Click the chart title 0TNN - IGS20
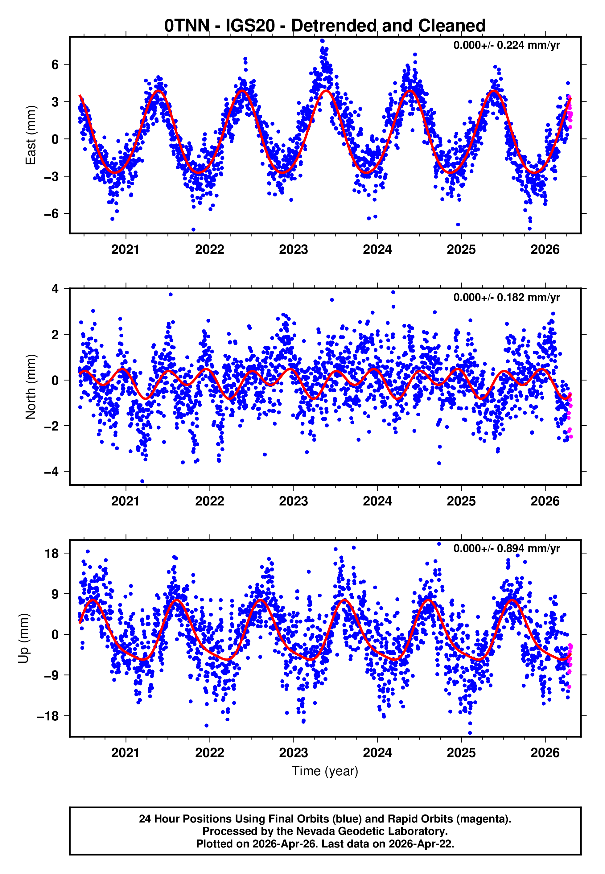(x=324, y=26)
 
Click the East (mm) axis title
(x=31, y=135)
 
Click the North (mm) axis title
(x=31, y=387)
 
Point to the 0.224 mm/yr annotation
(x=506, y=45)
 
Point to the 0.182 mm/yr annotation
(x=506, y=297)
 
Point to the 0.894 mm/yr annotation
(x=506, y=548)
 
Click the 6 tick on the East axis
(x=55, y=64)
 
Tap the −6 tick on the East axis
(x=51, y=214)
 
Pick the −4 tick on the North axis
(x=51, y=472)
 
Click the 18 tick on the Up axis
(x=52, y=553)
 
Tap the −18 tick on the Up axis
(x=48, y=716)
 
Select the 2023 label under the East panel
(x=293, y=249)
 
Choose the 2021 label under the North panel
(x=126, y=501)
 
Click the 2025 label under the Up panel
(x=461, y=752)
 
